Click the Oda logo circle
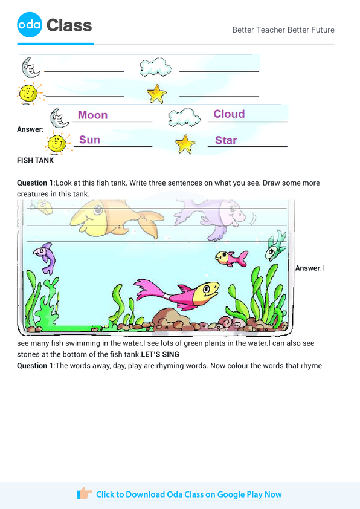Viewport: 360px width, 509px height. point(30,25)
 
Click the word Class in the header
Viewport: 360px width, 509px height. point(69,25)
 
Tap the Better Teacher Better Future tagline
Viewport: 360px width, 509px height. point(283,30)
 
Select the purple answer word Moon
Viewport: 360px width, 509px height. point(93,115)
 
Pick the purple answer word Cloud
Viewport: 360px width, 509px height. point(229,114)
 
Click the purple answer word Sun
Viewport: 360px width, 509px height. point(89,140)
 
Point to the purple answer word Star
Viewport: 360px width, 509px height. point(226,140)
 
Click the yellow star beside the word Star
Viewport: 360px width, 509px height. point(185,144)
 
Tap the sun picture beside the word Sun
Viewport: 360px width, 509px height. point(57,143)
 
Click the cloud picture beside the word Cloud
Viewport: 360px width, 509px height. point(184,117)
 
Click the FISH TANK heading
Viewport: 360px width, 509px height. point(35,161)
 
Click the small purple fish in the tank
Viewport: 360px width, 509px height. point(45,256)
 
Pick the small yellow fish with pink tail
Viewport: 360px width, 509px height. point(231,259)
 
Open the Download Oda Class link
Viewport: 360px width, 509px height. point(188,494)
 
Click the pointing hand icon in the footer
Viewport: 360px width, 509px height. point(85,494)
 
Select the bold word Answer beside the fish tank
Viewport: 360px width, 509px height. point(307,268)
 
